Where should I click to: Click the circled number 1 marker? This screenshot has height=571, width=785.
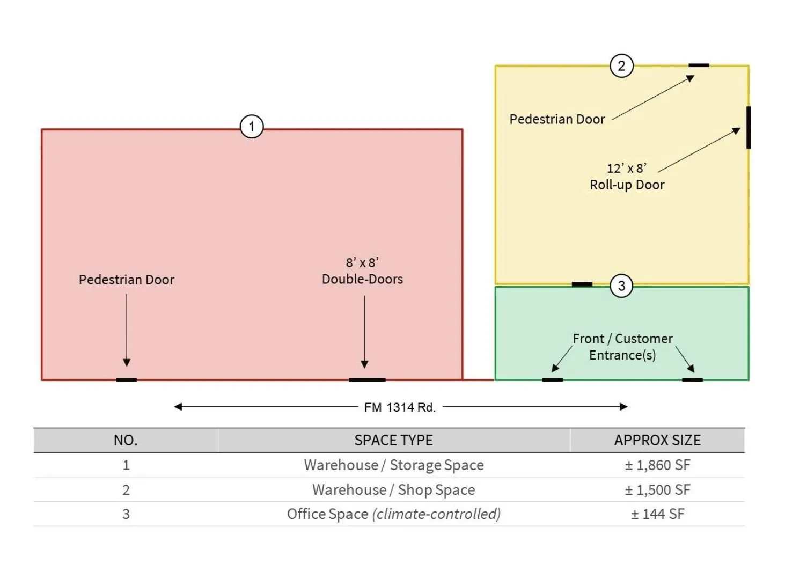click(252, 127)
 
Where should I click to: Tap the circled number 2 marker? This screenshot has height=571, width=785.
click(622, 66)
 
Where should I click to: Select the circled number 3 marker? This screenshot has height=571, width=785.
click(622, 286)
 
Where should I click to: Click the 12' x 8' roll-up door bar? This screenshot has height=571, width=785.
click(748, 128)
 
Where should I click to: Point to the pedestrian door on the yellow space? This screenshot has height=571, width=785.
click(699, 65)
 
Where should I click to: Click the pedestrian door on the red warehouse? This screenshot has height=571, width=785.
click(127, 380)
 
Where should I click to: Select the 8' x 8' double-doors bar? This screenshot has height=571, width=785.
click(367, 380)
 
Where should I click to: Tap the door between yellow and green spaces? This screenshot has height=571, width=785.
click(582, 284)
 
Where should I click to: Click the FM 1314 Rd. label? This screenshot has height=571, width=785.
click(400, 408)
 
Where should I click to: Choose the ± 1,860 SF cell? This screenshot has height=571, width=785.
click(657, 465)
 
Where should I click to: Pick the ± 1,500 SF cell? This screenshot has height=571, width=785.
click(657, 490)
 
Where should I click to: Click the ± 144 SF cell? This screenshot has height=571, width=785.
click(657, 514)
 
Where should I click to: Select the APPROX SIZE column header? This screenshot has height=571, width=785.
click(657, 440)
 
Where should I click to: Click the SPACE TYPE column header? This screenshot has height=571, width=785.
click(393, 440)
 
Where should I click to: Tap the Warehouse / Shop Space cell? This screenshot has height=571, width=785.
click(393, 490)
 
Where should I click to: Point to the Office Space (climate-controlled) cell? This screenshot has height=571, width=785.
click(393, 514)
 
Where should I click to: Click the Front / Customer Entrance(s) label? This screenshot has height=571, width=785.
click(623, 347)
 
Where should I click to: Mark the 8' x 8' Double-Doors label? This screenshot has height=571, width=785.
click(362, 271)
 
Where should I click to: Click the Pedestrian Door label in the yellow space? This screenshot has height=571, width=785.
click(557, 120)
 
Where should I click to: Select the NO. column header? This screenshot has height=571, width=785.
click(126, 440)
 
